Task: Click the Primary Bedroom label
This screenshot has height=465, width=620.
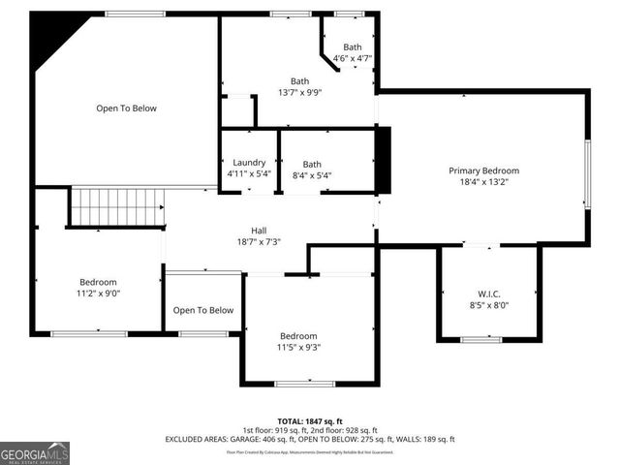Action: point(483,170)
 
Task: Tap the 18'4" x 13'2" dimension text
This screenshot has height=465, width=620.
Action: point(483,182)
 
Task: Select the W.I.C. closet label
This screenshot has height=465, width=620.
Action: point(488,294)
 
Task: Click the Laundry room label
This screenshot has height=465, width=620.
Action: point(249,163)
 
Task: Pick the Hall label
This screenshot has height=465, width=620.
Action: point(259,231)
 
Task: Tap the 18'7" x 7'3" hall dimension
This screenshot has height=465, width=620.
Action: point(259,242)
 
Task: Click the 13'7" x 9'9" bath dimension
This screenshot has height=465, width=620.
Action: point(299,93)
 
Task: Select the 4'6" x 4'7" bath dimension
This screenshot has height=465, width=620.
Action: point(352,58)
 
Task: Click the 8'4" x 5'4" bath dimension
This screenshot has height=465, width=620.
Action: point(311,175)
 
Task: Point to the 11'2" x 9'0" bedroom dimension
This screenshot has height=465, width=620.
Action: point(98,293)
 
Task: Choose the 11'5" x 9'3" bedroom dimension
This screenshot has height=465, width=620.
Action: point(299,347)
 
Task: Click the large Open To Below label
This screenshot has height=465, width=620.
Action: point(126,108)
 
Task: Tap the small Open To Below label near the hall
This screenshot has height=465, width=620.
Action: point(203,310)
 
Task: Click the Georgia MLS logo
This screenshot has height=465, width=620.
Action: point(35,452)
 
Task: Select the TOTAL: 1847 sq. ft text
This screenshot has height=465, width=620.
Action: point(309,421)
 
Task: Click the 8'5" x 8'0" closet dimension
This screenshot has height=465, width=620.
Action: point(488,305)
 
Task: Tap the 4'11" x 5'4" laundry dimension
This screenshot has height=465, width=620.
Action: point(249,174)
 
